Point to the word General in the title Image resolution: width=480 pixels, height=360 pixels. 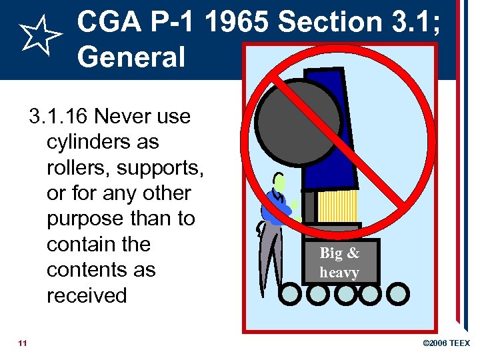click(131, 57)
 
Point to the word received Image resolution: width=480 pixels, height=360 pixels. click(87, 295)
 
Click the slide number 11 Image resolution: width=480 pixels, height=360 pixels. click(23, 343)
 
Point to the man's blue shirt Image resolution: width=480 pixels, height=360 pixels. click(274, 207)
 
